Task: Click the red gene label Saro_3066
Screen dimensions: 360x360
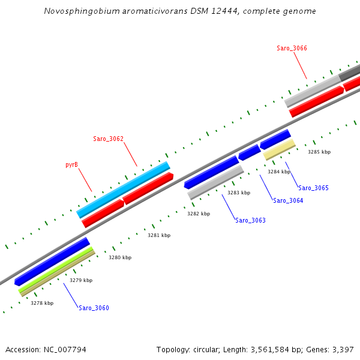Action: (292, 48)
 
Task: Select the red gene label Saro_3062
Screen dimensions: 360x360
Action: (108, 139)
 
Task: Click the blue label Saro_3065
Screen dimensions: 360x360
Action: (313, 188)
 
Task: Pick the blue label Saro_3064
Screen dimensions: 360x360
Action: (288, 200)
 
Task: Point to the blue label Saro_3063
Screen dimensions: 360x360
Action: (250, 220)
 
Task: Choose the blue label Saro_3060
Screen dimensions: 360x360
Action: (94, 308)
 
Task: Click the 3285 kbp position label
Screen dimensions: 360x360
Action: (319, 152)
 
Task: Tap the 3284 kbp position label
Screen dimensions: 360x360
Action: (279, 172)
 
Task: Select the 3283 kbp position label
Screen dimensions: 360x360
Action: (239, 193)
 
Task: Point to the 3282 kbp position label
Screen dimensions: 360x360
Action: (199, 214)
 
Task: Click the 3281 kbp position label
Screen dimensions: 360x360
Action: (159, 235)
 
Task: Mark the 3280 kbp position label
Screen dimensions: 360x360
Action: (120, 257)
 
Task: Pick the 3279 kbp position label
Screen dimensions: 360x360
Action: (81, 280)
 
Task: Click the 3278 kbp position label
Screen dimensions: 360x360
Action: (42, 303)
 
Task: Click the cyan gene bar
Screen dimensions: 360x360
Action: (123, 190)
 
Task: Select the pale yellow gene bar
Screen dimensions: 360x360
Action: (279, 150)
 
